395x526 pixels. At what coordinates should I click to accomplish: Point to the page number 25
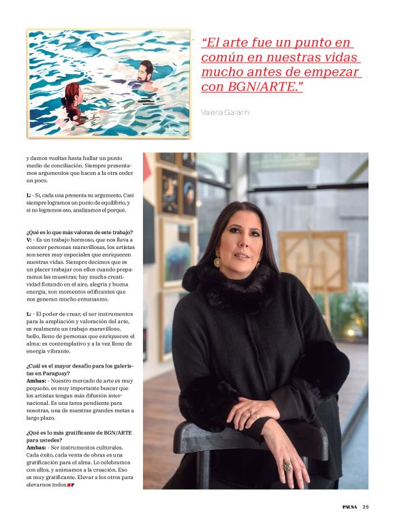[366, 506]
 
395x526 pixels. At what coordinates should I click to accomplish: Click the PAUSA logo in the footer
[349, 506]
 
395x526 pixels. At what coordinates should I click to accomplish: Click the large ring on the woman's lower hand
[287, 466]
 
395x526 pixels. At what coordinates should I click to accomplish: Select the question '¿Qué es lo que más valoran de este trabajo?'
[79, 233]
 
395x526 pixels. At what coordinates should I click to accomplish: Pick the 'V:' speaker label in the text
[29, 240]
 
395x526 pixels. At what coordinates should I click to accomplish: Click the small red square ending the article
[69, 485]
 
